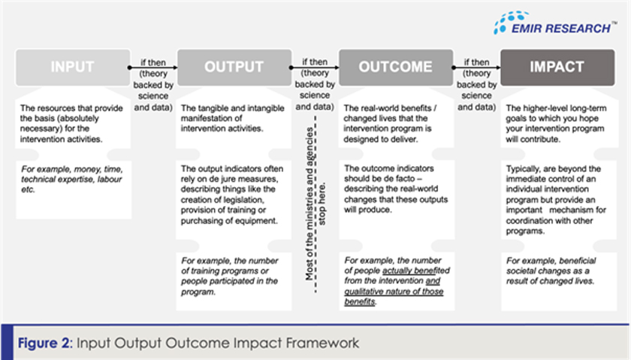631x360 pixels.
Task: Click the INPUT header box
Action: pos(72,67)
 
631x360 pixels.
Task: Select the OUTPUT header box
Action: pos(234,67)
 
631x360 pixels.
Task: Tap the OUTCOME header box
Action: pos(395,67)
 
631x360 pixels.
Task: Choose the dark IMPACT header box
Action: pos(557,67)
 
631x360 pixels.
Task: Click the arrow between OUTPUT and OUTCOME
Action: pos(314,68)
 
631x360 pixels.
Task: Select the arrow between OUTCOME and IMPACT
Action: pos(476,68)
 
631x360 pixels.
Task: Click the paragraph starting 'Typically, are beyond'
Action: pos(557,200)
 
